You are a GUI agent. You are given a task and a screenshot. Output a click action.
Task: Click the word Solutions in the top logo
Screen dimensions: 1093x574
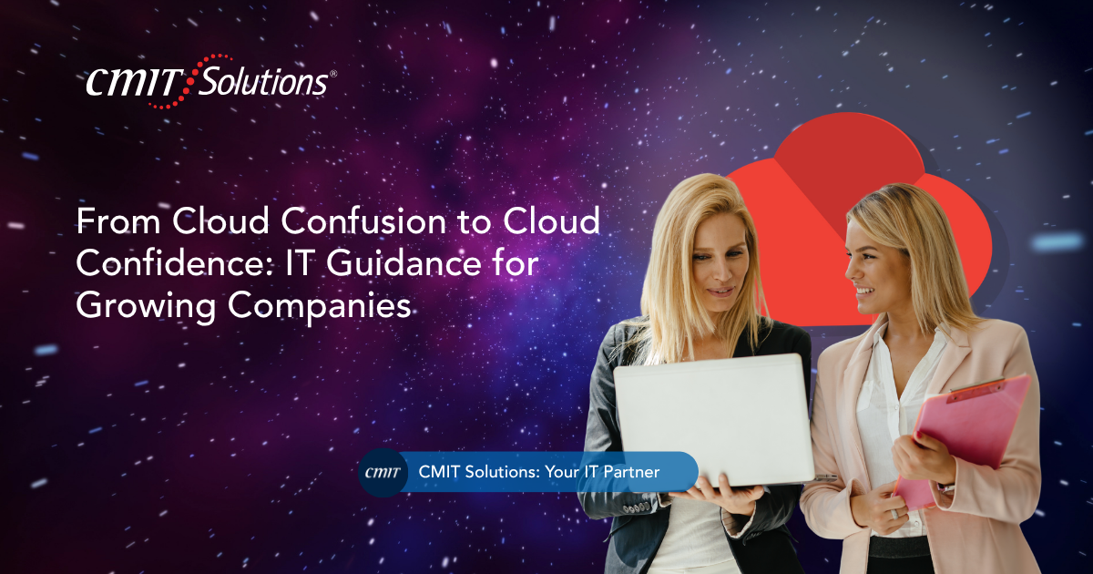click(x=263, y=81)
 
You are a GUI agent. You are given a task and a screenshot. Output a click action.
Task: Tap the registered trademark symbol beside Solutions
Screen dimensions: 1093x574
click(x=333, y=74)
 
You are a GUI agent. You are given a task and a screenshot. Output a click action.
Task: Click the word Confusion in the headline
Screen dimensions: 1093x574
click(x=363, y=221)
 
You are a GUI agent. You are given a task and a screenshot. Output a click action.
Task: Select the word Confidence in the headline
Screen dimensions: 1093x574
click(x=174, y=263)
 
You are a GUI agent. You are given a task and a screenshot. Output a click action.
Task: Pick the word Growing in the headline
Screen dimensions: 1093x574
click(x=146, y=307)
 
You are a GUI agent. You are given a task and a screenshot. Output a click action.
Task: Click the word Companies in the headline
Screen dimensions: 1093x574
click(x=320, y=307)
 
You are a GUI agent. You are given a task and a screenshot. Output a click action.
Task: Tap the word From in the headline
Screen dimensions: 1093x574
click(x=118, y=221)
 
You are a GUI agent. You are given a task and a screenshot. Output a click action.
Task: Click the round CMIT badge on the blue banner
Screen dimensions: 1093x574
click(x=383, y=473)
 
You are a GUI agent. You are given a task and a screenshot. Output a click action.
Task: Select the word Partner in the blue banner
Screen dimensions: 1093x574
click(x=631, y=472)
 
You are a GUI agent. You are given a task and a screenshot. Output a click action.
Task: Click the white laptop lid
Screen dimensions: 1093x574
click(x=712, y=420)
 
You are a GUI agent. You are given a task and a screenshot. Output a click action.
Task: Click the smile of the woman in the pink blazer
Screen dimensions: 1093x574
click(x=865, y=292)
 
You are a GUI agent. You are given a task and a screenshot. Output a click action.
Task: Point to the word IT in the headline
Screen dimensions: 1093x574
click(x=298, y=263)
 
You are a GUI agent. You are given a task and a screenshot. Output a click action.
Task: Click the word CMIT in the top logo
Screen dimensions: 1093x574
click(x=134, y=82)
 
